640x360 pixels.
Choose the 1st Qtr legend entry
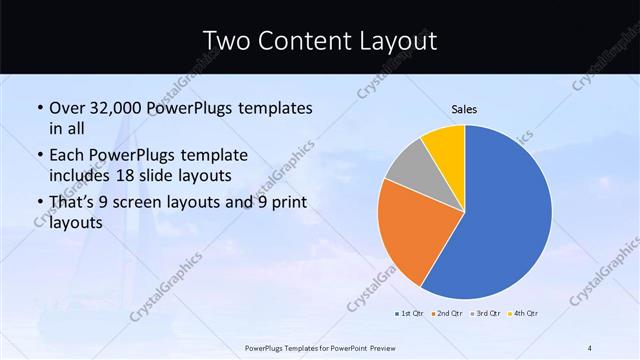(408, 314)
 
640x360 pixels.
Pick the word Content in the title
(305, 41)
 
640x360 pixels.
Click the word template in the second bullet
(215, 156)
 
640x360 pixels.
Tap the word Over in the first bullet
(67, 107)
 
